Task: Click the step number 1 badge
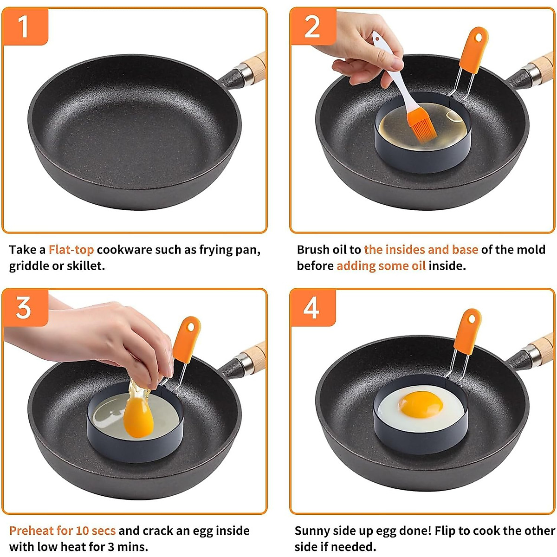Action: (24, 26)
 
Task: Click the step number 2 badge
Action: (312, 26)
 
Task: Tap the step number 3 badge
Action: (24, 307)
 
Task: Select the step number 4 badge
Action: (312, 307)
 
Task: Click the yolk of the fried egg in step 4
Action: (420, 404)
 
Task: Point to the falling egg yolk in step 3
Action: (138, 418)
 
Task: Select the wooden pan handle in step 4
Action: (542, 345)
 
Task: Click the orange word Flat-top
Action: (71, 250)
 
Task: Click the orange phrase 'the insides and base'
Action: (421, 250)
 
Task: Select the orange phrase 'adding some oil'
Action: (381, 266)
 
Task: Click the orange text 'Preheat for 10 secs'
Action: (62, 531)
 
